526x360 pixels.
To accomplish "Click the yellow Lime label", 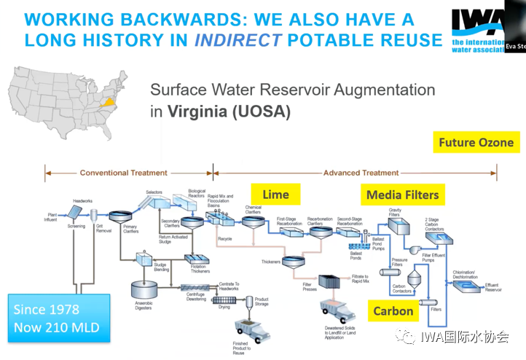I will click(x=275, y=194).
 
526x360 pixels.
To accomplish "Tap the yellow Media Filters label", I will click(x=402, y=195).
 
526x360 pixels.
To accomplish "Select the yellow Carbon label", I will click(x=393, y=311).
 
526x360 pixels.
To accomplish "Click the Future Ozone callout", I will click(x=476, y=142).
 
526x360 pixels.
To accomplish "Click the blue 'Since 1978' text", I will click(x=47, y=309).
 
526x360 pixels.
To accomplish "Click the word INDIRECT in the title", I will click(x=237, y=39).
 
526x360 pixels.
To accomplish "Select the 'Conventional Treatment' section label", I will click(x=123, y=173).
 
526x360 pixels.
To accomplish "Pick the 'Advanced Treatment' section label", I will click(x=361, y=173).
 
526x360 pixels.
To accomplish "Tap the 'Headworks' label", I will click(x=82, y=200).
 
